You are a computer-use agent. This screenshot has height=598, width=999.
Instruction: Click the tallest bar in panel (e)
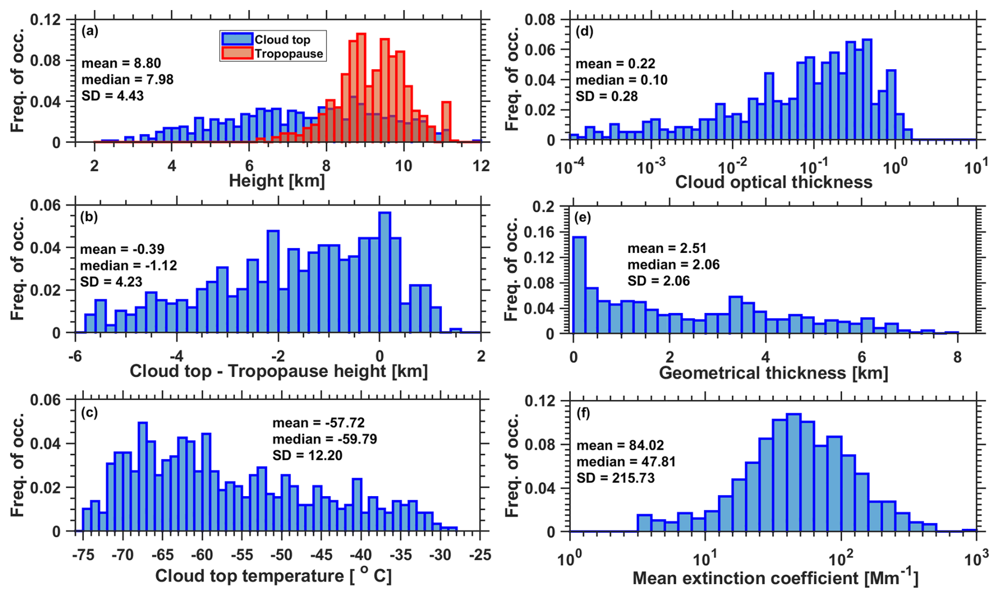[x=579, y=285]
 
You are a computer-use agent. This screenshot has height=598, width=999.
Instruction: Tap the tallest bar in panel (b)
[x=385, y=272]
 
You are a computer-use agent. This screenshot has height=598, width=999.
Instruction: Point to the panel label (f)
[x=583, y=413]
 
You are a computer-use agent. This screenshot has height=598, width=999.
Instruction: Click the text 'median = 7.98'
[x=127, y=80]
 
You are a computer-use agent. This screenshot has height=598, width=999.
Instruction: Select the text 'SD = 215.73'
[x=615, y=478]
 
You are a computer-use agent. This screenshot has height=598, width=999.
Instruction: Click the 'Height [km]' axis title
[x=277, y=181]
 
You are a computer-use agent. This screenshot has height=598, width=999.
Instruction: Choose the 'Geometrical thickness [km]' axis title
[x=773, y=373]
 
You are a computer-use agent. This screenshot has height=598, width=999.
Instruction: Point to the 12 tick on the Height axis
[x=480, y=166]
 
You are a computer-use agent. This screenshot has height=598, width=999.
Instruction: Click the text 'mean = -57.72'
[x=318, y=423]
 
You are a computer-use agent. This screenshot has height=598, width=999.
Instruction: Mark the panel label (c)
[x=89, y=413]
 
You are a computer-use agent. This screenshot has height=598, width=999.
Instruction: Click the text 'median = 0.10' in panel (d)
[x=621, y=80]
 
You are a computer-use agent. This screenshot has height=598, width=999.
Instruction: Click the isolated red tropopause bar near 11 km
[x=446, y=122]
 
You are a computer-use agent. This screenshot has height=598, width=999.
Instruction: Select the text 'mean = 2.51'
[x=666, y=249]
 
